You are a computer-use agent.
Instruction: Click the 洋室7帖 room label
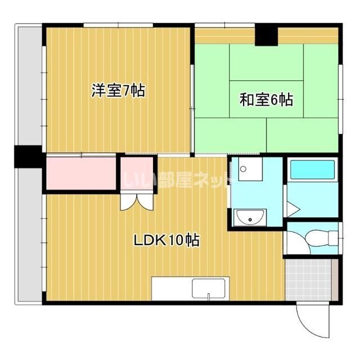point(118,91)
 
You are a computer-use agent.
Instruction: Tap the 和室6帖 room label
point(266,100)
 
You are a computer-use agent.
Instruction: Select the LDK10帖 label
point(166,240)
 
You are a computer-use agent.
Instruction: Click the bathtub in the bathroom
point(313,170)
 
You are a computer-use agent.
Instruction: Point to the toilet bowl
point(321,238)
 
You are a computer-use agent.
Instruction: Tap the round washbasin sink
point(250,217)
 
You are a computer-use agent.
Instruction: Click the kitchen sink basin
point(209,289)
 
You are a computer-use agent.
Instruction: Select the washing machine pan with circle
point(250,169)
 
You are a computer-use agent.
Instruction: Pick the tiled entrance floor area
point(308,280)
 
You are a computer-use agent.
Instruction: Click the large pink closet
point(81,173)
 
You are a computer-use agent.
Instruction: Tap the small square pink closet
point(137,174)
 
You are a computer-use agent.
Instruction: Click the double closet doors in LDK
point(137,202)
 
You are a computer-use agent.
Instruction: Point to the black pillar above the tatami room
point(266,35)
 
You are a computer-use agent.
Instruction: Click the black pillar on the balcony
point(28,156)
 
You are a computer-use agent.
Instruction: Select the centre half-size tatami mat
point(267,99)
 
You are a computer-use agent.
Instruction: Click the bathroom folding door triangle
point(292,209)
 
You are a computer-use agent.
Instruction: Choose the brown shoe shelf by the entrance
point(335,280)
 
